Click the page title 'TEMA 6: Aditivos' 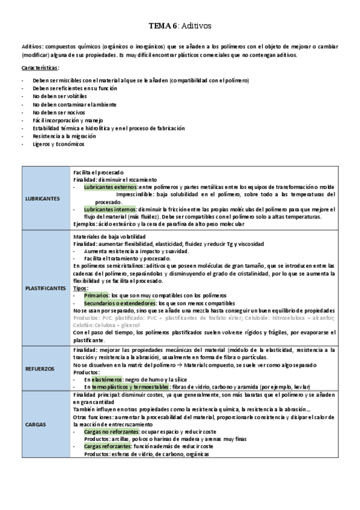(180, 26)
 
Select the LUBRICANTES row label (43, 198)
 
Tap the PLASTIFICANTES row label (45, 288)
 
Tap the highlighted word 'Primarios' (96, 296)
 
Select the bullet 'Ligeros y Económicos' (59, 144)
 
